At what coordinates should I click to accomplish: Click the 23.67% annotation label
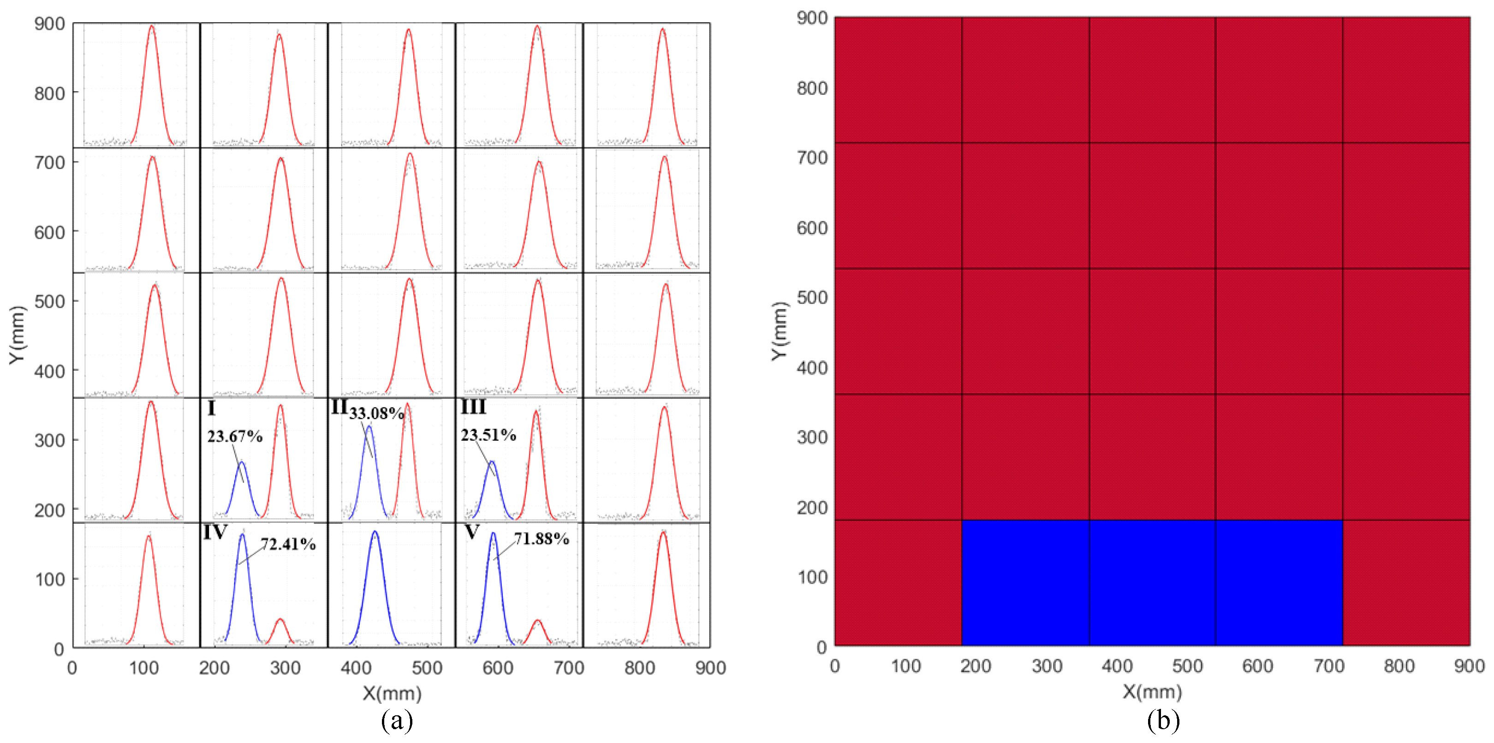coord(235,436)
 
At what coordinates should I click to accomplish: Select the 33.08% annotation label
coord(376,413)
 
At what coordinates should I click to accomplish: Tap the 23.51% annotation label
coord(488,435)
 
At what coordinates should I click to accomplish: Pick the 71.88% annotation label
coord(542,538)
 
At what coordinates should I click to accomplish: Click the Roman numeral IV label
coord(214,532)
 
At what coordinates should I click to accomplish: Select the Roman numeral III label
coord(473,407)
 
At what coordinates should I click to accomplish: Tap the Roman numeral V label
coord(472,532)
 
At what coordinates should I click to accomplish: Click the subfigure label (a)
coord(397,721)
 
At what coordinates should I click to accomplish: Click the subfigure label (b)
coord(1163,721)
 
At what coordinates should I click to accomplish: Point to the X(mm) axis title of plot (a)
coord(392,693)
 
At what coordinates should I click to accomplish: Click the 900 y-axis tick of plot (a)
coord(50,24)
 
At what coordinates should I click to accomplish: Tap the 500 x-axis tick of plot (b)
coord(1187,666)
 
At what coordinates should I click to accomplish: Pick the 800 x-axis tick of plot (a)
coord(639,668)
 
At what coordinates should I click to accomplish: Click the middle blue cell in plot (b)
coord(1152,583)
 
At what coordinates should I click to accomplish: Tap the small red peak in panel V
coord(538,631)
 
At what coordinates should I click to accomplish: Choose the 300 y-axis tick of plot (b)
coord(812,437)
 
